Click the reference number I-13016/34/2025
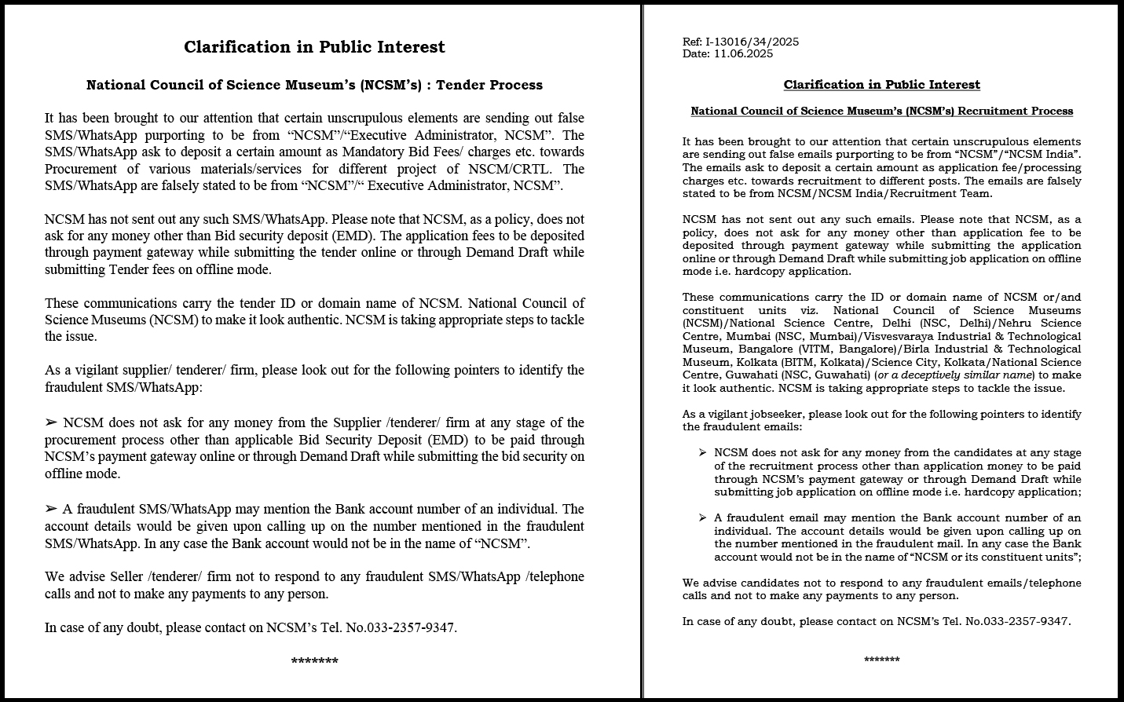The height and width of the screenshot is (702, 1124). click(752, 42)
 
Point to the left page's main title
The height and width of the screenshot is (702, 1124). click(314, 47)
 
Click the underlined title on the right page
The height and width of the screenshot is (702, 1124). click(881, 85)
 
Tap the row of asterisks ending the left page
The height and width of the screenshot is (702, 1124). click(314, 661)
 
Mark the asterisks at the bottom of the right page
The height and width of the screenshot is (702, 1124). click(881, 660)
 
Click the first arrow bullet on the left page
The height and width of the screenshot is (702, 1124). click(51, 423)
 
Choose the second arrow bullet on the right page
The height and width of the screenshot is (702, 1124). click(702, 517)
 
